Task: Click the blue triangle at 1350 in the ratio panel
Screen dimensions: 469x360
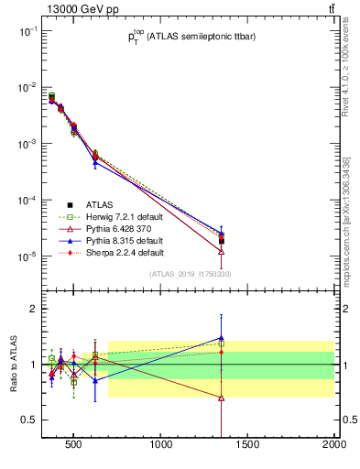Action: pos(222,337)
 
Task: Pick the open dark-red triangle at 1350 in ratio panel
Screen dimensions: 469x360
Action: pos(222,398)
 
